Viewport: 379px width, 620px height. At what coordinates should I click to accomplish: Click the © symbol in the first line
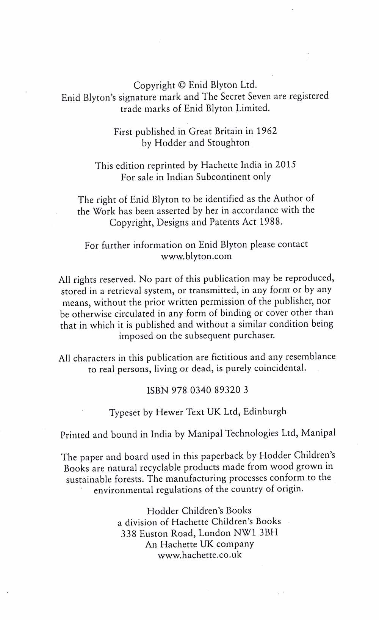pyautogui.click(x=182, y=85)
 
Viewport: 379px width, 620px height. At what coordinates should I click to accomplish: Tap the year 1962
pyautogui.click(x=267, y=131)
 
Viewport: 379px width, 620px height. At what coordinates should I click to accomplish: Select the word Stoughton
pyautogui.click(x=228, y=143)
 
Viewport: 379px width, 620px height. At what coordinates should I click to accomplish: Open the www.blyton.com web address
pyautogui.click(x=196, y=256)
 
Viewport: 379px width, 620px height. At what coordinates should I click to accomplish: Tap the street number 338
pyautogui.click(x=128, y=534)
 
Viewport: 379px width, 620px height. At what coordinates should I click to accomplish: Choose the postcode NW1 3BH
pyautogui.click(x=256, y=533)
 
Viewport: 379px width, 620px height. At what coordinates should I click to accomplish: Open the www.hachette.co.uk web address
pyautogui.click(x=199, y=555)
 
